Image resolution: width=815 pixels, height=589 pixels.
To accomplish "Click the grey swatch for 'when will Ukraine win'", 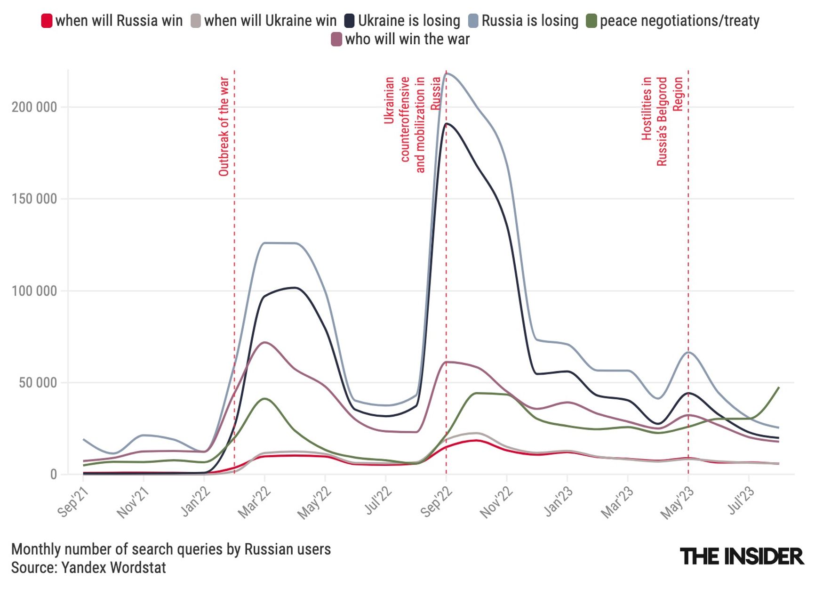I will pyautogui.click(x=196, y=21).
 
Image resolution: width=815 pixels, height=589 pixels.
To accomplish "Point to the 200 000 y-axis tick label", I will pyautogui.click(x=34, y=107).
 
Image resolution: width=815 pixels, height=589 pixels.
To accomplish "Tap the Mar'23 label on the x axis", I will pyautogui.click(x=617, y=503).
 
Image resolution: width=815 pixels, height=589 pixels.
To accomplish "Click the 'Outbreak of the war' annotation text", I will pyautogui.click(x=224, y=127).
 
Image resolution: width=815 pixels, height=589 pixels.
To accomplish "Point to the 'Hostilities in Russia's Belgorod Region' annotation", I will pyautogui.click(x=662, y=121).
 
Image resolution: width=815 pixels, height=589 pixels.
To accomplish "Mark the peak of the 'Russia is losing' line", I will pyautogui.click(x=447, y=73).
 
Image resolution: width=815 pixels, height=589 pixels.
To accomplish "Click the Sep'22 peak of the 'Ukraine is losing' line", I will pyautogui.click(x=447, y=124).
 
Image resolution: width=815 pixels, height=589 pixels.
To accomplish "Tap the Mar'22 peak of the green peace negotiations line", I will pyautogui.click(x=265, y=399).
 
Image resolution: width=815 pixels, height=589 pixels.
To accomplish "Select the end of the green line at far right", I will pyautogui.click(x=779, y=387).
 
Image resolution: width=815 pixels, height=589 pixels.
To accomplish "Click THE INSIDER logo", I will pyautogui.click(x=742, y=557).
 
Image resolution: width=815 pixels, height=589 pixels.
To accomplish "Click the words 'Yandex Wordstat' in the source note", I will pyautogui.click(x=113, y=568).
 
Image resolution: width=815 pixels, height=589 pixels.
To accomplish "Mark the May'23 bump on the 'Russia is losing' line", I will pyautogui.click(x=688, y=352).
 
